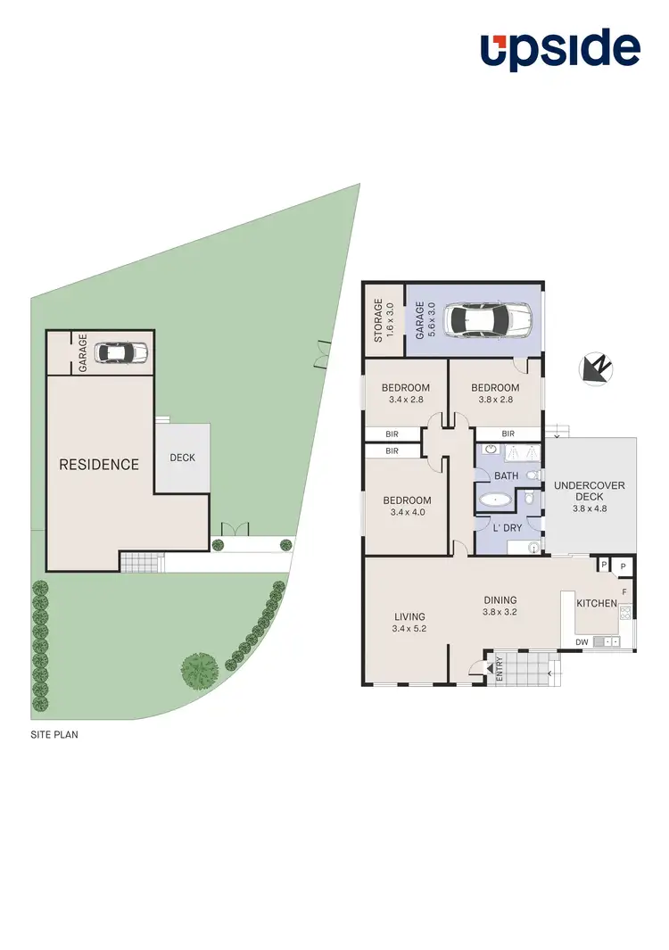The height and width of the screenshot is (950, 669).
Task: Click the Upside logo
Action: point(560,50)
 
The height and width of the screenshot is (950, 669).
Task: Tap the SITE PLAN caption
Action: point(55,736)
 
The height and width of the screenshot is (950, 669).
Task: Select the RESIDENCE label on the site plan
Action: point(99,465)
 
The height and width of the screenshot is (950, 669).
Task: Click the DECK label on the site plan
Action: point(182,458)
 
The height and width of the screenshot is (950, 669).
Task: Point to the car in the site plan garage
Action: point(121,353)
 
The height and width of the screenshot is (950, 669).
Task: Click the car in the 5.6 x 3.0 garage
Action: point(490,318)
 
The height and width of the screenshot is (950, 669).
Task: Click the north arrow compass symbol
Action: point(594,368)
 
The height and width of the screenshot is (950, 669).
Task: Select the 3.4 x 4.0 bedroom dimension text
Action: point(406,512)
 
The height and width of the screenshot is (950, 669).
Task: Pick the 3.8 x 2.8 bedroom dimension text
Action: point(494,400)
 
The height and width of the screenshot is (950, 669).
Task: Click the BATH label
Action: point(506,475)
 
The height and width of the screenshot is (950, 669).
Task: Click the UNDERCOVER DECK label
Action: point(590,492)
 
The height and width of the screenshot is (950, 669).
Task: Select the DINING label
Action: point(500,600)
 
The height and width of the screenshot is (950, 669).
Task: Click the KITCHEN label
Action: point(596,604)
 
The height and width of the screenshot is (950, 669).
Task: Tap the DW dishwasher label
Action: point(581,641)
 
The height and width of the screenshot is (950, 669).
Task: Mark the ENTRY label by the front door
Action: point(499,668)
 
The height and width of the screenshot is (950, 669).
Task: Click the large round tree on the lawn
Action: point(199,667)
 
